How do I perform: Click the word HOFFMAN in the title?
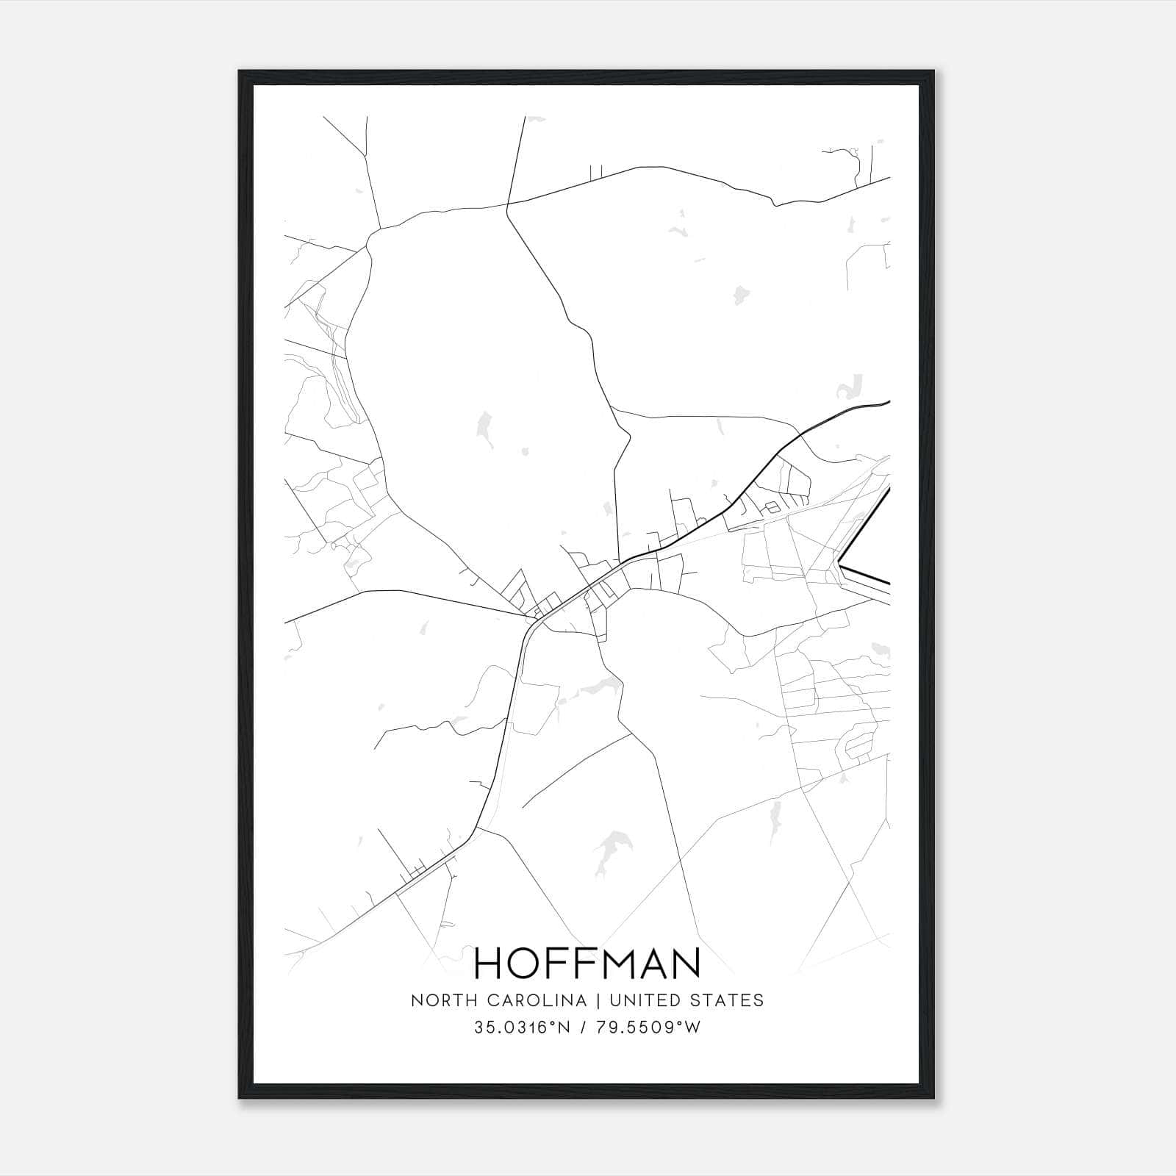[587, 963]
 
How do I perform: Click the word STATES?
[732, 1000]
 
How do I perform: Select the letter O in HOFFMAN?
[528, 963]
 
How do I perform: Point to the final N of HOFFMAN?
[685, 963]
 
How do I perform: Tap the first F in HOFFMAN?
[561, 963]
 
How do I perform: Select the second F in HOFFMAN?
[584, 963]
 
